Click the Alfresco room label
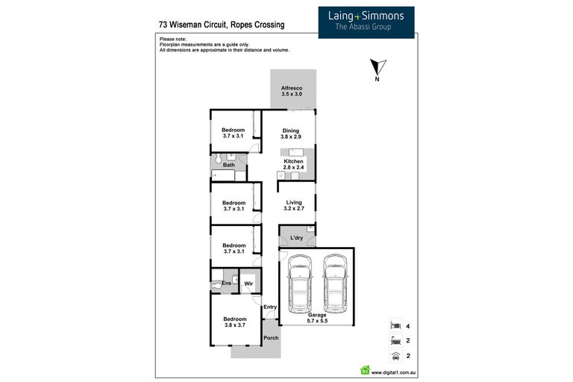point(292,88)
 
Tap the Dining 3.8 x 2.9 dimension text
point(291,137)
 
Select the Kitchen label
point(293,161)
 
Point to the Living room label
point(294,202)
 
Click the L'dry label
point(296,237)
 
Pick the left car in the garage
point(300,284)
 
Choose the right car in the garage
point(335,284)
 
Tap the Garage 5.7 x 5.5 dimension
point(317,321)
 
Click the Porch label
point(271,338)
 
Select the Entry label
point(270,307)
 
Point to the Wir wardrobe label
point(248,284)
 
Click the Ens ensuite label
point(226,283)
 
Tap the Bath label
point(229,165)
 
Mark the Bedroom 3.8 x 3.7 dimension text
point(235,325)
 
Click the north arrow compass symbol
point(378,68)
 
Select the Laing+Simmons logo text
point(366,16)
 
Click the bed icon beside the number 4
point(395,325)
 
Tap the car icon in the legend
point(395,356)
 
